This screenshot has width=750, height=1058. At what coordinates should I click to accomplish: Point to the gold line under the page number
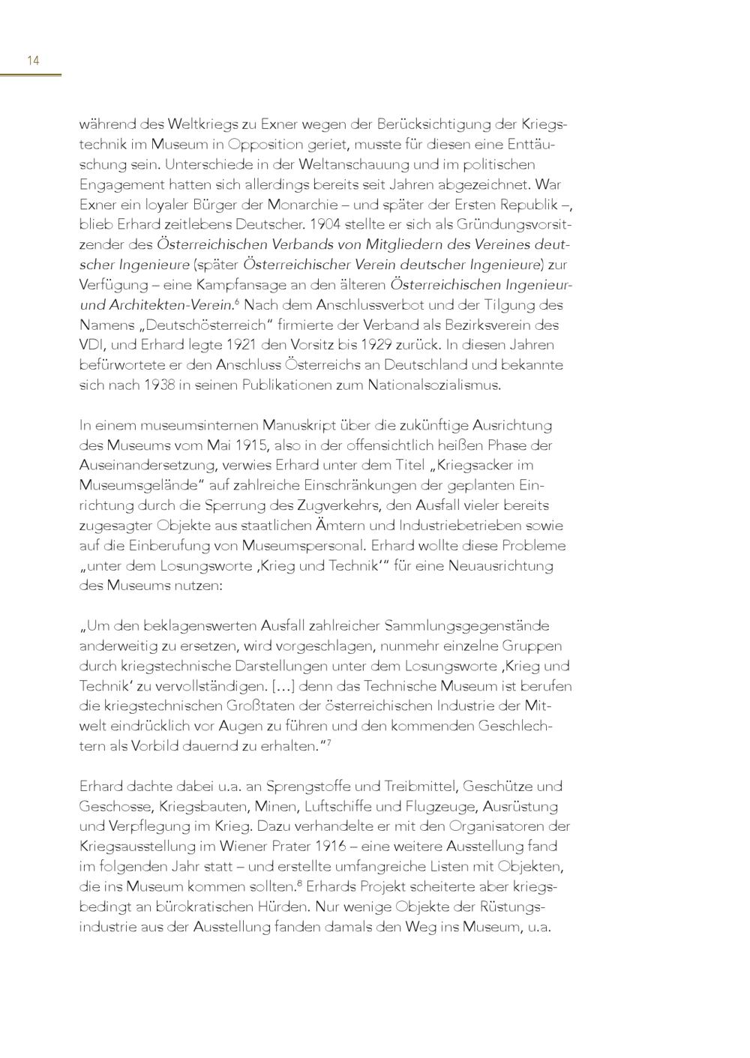pos(30,74)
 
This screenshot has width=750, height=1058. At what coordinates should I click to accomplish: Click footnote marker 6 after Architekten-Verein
pos(236,301)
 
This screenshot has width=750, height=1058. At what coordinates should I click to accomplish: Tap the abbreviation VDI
pos(91,345)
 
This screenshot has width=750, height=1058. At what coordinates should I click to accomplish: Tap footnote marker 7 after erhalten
pos(328,743)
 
